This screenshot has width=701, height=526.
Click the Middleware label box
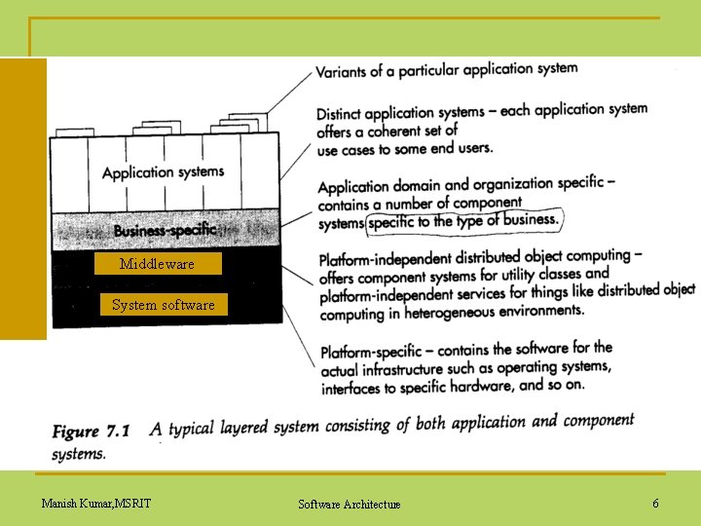click(157, 264)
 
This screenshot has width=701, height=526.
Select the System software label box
click(163, 305)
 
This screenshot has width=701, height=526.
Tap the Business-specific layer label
click(164, 231)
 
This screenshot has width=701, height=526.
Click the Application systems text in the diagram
click(163, 172)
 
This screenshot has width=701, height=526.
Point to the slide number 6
click(655, 504)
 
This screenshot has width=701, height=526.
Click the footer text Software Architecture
click(349, 504)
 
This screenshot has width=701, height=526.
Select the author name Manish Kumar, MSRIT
click(95, 503)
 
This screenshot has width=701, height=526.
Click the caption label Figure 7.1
click(104, 431)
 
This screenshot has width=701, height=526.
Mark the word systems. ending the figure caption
click(79, 454)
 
